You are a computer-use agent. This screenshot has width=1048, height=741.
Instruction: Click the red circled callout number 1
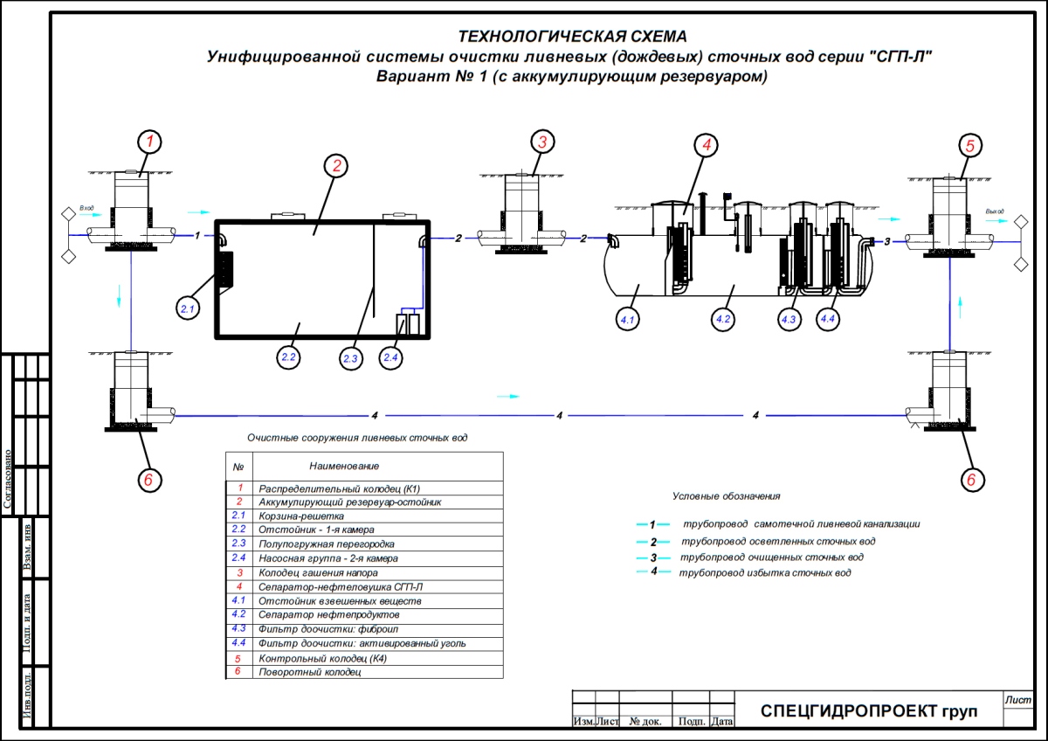[x=149, y=141]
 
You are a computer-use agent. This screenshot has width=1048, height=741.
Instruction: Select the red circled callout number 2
[x=335, y=166]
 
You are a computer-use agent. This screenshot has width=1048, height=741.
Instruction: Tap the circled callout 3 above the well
[x=542, y=142]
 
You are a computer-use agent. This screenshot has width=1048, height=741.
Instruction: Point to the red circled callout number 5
[x=968, y=144]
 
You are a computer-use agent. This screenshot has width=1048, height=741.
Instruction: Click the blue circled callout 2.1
[x=189, y=308]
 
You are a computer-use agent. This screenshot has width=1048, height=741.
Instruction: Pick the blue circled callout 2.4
[x=392, y=357]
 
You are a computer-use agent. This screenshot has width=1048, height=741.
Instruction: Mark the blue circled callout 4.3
[x=789, y=321]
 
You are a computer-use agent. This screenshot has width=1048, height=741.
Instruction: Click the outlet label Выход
[x=995, y=212]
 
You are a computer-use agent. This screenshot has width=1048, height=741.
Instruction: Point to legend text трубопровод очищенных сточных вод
[x=772, y=557]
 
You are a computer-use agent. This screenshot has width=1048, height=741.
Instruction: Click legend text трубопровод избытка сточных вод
[x=766, y=572]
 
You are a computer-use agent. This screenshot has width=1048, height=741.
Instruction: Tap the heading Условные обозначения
[x=726, y=496]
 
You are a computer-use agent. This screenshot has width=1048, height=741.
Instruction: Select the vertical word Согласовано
[x=8, y=479]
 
